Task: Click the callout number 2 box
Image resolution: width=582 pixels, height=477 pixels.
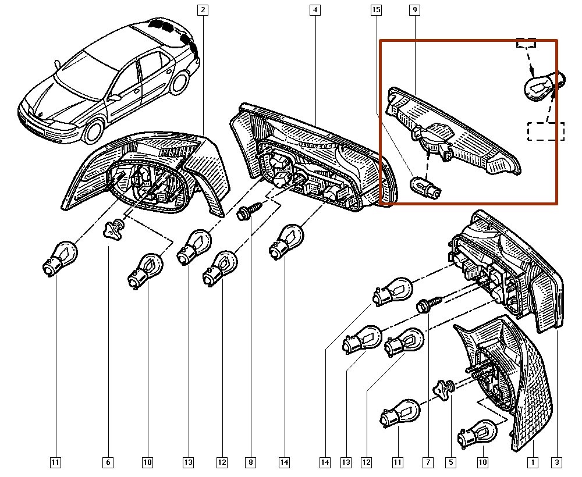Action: (x=203, y=9)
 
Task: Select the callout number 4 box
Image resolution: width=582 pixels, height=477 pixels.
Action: (x=314, y=9)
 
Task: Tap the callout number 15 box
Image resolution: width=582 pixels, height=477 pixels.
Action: (x=376, y=9)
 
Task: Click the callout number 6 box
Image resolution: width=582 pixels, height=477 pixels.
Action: (x=108, y=462)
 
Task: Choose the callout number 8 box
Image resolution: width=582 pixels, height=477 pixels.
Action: (x=250, y=462)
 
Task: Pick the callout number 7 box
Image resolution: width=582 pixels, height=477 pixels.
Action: (x=428, y=462)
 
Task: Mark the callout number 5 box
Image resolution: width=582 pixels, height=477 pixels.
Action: (x=450, y=462)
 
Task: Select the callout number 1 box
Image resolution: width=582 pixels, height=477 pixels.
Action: (x=532, y=462)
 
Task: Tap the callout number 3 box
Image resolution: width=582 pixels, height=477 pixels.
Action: (x=557, y=462)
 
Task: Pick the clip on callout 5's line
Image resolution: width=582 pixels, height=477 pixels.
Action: (x=446, y=388)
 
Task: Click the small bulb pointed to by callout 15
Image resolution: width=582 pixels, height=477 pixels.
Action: (x=425, y=186)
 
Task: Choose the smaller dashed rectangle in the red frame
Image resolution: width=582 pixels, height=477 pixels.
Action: (x=526, y=43)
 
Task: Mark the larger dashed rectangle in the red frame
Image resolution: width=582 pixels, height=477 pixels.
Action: (x=546, y=131)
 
